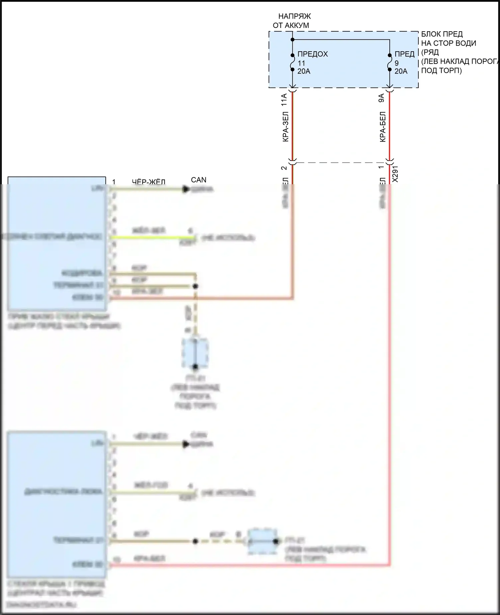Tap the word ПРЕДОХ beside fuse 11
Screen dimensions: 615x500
[x=312, y=54]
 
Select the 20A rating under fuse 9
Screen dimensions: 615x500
[x=401, y=71]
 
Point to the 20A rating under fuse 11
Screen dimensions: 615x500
[x=304, y=71]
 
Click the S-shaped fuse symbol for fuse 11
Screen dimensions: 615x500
[x=292, y=62]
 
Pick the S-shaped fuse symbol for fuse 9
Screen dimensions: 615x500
[x=389, y=62]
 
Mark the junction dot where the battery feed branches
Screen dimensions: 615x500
[x=292, y=40]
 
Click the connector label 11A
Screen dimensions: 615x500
[x=284, y=100]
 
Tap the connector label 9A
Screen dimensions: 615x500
[x=381, y=98]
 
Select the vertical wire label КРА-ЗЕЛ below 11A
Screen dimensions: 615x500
[x=285, y=127]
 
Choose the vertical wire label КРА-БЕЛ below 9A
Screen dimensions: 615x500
[x=382, y=127]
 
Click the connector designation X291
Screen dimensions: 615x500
[x=395, y=174]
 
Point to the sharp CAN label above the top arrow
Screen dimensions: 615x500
[x=199, y=180]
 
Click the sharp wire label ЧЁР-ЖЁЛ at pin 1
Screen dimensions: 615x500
[x=149, y=182]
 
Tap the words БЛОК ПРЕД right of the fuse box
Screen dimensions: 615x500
[x=442, y=34]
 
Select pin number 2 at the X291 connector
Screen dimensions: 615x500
[x=284, y=168]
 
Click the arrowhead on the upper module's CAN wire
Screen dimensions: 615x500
[x=186, y=189]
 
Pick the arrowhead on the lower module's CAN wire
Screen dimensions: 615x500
[x=186, y=444]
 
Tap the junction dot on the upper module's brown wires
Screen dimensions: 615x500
[x=196, y=286]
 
